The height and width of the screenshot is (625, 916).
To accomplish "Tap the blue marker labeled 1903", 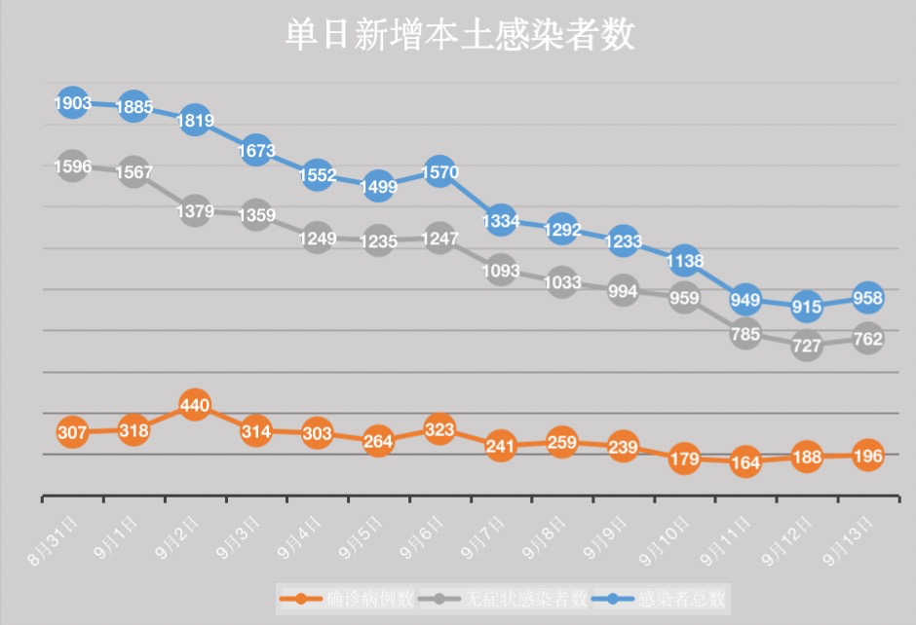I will [x=73, y=102].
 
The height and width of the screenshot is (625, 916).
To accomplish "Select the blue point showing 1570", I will [x=439, y=172].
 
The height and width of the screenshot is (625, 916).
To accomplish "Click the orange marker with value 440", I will [x=195, y=406].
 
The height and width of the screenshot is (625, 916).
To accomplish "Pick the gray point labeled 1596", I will [x=73, y=166].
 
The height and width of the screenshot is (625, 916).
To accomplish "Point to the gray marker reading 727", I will [x=807, y=345].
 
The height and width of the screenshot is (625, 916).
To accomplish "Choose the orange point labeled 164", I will [x=745, y=463].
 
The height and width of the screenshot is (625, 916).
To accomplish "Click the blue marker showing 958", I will [x=867, y=298].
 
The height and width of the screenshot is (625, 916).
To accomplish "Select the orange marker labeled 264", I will [x=378, y=441].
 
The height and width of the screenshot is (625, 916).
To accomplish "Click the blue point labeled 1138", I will [x=684, y=260].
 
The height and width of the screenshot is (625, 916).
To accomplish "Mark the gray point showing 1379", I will [x=195, y=211].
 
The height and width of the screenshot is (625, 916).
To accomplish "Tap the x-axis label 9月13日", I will [x=850, y=541].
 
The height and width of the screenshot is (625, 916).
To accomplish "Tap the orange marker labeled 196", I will [x=867, y=456].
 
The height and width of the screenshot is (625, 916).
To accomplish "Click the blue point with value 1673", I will [x=256, y=151].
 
